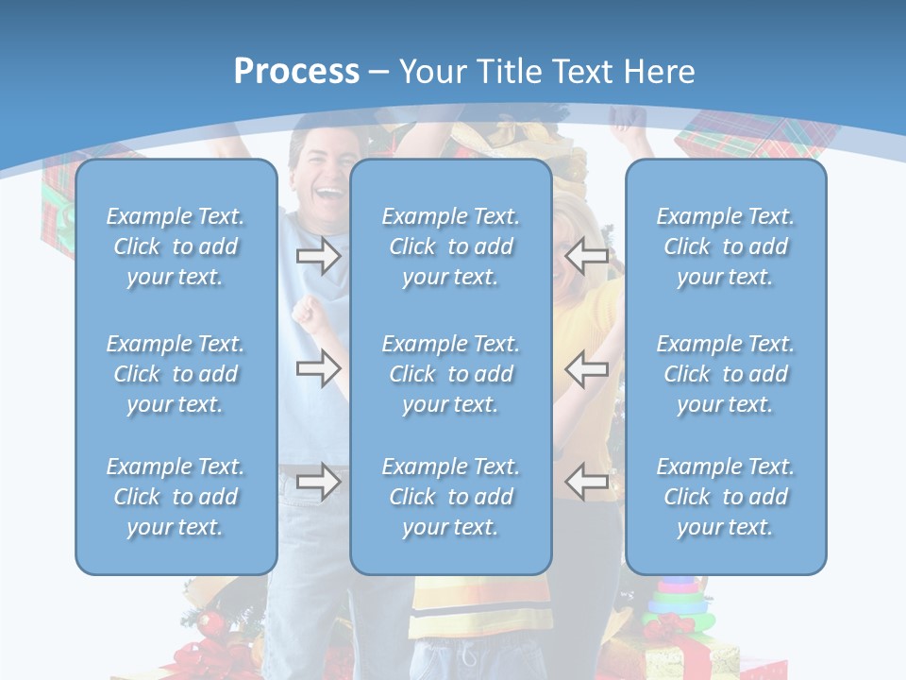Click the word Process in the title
(296, 72)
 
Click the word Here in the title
(661, 72)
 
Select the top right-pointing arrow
(318, 256)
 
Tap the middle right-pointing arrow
(318, 368)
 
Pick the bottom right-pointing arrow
(318, 482)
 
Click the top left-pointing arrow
(587, 256)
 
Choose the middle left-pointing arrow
(587, 368)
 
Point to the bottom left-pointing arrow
(587, 482)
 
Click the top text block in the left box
(176, 246)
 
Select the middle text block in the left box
(176, 374)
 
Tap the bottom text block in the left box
(176, 497)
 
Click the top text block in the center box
(451, 246)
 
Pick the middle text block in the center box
(451, 374)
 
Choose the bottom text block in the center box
(451, 497)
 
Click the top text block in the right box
(726, 246)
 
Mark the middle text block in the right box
(726, 374)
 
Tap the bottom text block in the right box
(726, 497)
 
